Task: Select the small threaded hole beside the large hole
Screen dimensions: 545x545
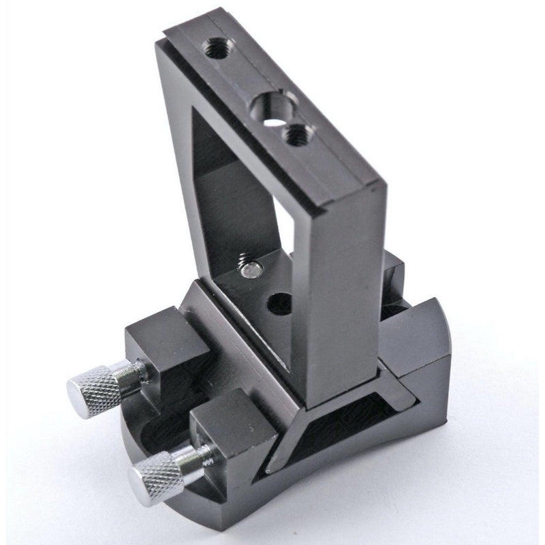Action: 294,135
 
